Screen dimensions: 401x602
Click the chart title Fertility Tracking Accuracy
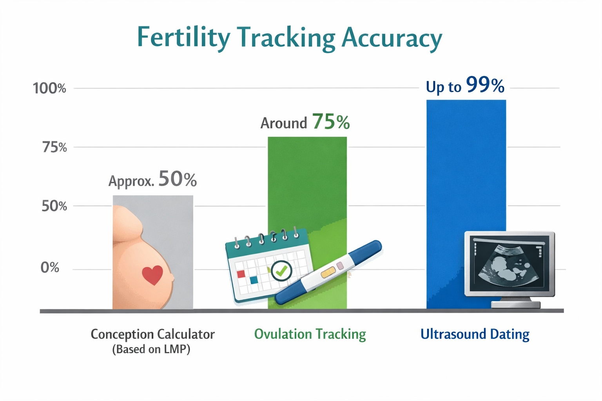coord(289,38)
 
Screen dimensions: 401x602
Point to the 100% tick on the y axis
coord(49,89)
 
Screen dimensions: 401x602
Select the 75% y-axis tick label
coord(54,148)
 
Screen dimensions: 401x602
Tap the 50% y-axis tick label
coord(54,206)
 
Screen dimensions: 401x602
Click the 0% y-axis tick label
coord(50,268)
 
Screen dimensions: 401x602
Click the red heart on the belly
coord(152,275)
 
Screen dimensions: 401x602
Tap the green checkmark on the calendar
coord(281,270)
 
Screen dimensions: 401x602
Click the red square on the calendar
coord(241,274)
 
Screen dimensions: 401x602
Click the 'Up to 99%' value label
coord(465,86)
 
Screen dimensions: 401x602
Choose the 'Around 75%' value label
coord(305,122)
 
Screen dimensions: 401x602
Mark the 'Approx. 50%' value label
coord(152,180)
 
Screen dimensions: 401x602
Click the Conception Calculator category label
coord(152,334)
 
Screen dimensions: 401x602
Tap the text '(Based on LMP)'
coord(151,349)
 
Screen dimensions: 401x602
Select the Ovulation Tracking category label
coord(310,334)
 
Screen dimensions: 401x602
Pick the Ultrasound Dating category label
coord(475,334)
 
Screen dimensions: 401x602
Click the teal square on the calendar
coord(254,280)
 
